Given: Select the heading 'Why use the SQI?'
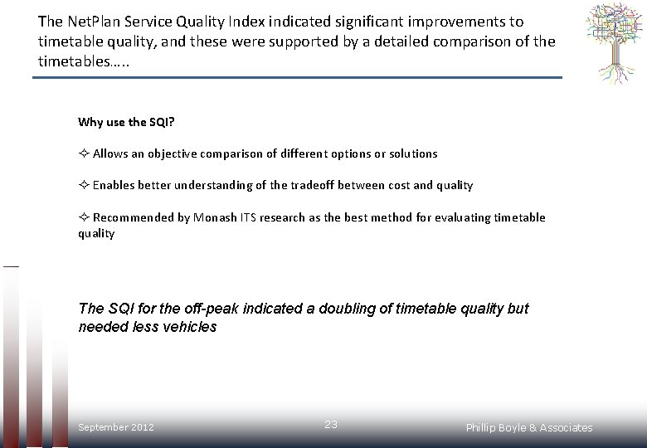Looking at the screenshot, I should [x=126, y=122].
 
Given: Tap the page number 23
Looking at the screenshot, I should [x=331, y=424].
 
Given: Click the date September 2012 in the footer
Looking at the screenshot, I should [x=116, y=427].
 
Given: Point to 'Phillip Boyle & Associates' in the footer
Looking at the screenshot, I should [x=529, y=428].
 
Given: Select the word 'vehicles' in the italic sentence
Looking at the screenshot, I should [x=190, y=327].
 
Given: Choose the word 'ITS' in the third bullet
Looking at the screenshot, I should [x=246, y=217].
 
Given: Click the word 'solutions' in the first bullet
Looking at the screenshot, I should [x=410, y=153].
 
